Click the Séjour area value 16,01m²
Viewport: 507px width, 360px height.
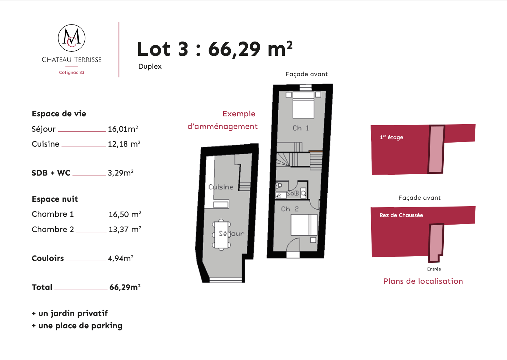[123, 129]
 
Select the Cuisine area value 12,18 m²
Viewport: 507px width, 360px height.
[124, 144]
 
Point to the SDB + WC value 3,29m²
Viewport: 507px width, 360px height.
[121, 173]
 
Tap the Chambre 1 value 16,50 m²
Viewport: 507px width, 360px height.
[125, 214]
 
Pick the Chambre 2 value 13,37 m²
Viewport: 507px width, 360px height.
[125, 229]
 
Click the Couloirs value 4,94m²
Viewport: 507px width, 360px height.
[121, 258]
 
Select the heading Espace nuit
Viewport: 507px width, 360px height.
[55, 199]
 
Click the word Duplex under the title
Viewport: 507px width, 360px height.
[150, 67]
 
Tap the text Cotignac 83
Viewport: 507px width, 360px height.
[71, 72]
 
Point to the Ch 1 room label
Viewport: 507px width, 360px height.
[301, 128]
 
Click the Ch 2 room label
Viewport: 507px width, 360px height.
[290, 209]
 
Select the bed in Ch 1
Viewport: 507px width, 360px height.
[303, 105]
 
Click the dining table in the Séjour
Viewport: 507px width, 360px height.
[222, 235]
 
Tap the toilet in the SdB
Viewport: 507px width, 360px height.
[279, 185]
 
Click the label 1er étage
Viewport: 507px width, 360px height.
[392, 137]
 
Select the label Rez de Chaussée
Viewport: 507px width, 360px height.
[401, 215]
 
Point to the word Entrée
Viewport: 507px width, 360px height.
[434, 269]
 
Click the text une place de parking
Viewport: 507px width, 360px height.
[80, 326]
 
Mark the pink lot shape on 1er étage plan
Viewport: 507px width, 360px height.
[436, 149]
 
